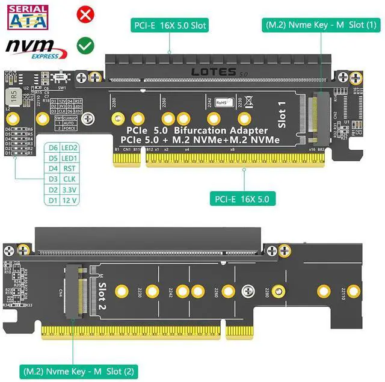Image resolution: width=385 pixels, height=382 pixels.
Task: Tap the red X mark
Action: pyautogui.click(x=85, y=14)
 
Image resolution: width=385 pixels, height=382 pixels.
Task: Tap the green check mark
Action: pyautogui.click(x=85, y=45)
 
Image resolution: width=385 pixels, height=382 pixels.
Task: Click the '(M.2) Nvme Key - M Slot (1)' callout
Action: pyautogui.click(x=321, y=25)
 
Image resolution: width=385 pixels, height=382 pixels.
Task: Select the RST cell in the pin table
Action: pyautogui.click(x=70, y=169)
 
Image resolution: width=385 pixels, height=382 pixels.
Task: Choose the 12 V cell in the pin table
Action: pyautogui.click(x=70, y=200)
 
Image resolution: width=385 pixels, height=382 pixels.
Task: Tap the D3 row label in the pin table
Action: pyautogui.click(x=53, y=179)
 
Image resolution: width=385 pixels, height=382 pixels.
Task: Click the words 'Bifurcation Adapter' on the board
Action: pyautogui.click(x=221, y=130)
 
